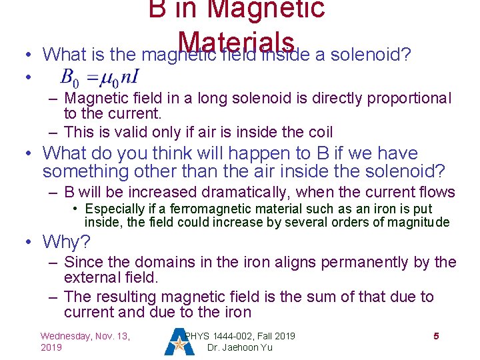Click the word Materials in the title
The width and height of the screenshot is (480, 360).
[237, 41]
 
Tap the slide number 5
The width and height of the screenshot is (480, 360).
[436, 336]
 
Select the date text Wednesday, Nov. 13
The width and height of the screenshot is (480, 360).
[85, 336]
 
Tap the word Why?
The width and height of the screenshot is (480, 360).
[66, 241]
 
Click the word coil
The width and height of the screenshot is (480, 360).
[318, 132]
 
